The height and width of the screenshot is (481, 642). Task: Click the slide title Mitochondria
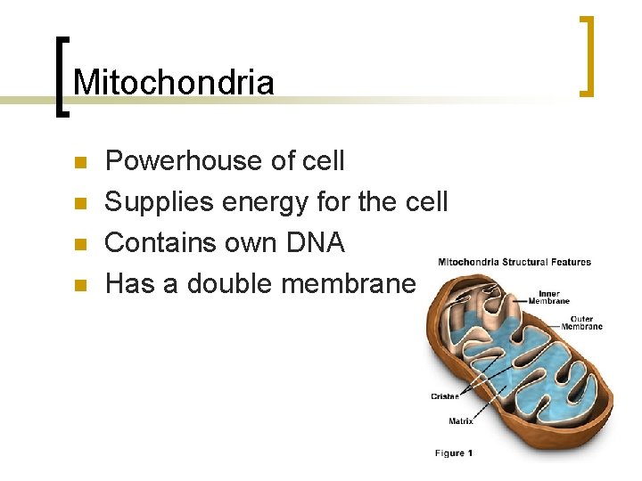(174, 82)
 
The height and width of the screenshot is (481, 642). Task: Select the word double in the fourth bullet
(228, 284)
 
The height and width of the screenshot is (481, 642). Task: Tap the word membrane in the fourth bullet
(349, 284)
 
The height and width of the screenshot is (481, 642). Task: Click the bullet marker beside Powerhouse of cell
(79, 163)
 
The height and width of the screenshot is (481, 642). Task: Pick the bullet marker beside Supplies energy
(79, 204)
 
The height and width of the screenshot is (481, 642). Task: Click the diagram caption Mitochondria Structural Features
(514, 262)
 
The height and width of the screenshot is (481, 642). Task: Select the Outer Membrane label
(581, 322)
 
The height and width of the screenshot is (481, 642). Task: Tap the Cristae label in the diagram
(445, 396)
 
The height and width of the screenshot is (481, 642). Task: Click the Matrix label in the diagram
(461, 420)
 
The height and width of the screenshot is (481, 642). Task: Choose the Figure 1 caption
(454, 453)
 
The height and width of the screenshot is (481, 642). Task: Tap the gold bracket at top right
(587, 55)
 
